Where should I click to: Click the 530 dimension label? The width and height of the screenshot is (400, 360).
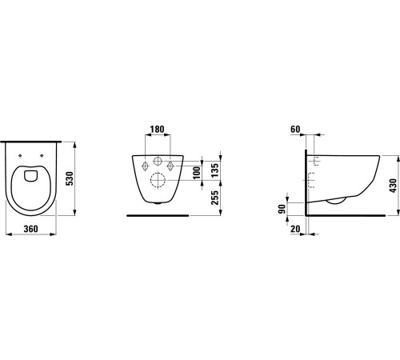69,178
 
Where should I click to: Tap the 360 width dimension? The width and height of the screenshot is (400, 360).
31,229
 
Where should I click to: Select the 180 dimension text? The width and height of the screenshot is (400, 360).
157,130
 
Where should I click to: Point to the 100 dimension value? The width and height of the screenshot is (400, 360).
197,173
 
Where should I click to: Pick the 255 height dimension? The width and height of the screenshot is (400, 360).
214,198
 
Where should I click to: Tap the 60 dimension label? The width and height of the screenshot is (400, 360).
295,130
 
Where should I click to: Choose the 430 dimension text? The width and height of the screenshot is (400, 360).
393,186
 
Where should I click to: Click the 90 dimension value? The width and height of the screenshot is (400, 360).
282,209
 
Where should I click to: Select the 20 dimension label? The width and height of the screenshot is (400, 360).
295,229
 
